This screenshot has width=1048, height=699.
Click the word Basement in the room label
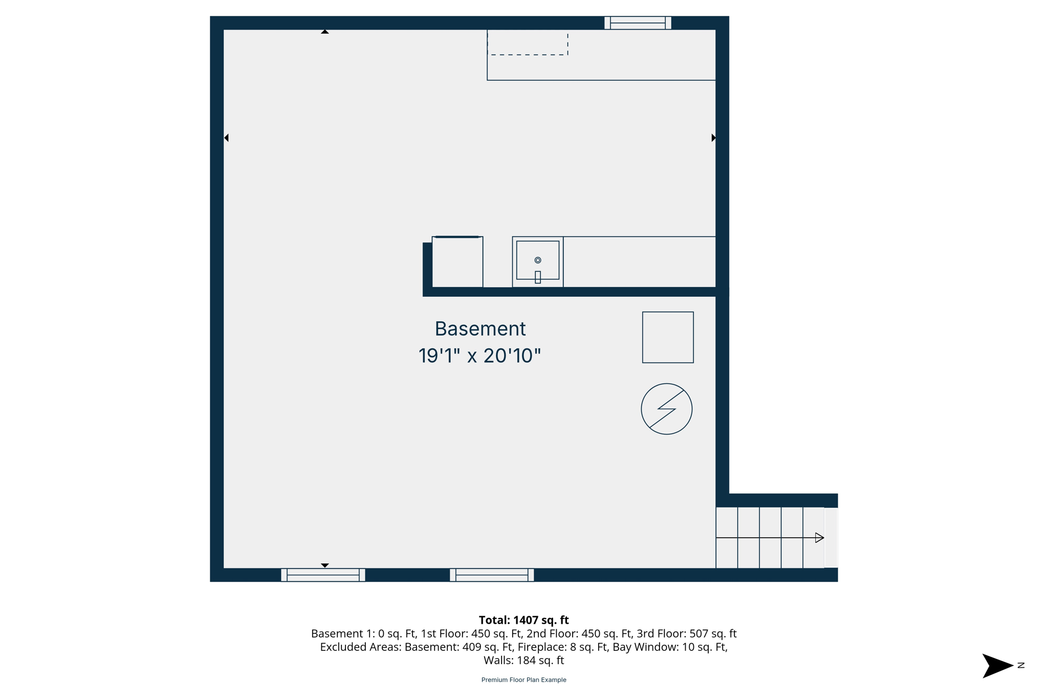click(x=480, y=329)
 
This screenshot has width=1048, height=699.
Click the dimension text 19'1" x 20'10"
click(x=479, y=356)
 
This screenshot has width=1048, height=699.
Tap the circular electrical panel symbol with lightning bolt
click(x=666, y=409)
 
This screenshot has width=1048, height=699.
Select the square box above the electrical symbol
click(x=668, y=337)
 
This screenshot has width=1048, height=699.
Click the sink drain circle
click(x=538, y=260)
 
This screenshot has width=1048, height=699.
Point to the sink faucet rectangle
click(x=538, y=277)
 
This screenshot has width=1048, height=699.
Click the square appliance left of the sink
click(x=457, y=262)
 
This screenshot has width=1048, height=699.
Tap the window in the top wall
click(x=638, y=23)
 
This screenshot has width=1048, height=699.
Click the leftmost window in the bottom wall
click(x=323, y=575)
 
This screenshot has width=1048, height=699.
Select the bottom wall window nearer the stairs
click(x=492, y=575)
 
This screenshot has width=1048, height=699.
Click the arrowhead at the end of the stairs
click(x=819, y=537)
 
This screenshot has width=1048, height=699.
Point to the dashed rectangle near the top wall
click(x=528, y=43)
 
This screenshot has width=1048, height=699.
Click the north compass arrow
click(x=996, y=666)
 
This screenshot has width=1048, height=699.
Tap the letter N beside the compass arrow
click(x=1021, y=665)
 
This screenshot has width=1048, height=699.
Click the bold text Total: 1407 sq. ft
click(x=523, y=620)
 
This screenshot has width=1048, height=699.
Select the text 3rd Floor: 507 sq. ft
click(x=686, y=634)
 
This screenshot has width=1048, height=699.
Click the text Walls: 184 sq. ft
click(x=523, y=660)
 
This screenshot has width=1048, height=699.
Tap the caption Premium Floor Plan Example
click(x=523, y=680)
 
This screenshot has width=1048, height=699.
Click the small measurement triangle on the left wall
click(x=226, y=138)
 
